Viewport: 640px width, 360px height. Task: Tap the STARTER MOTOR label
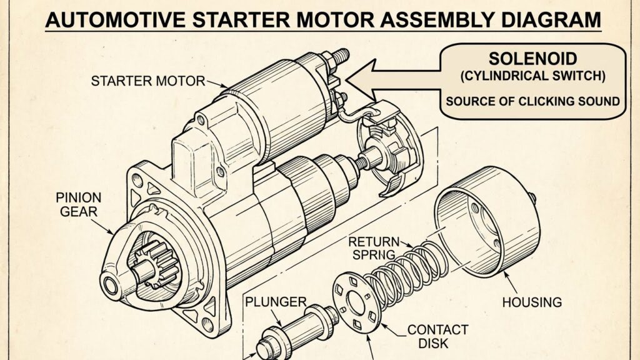(x=147, y=81)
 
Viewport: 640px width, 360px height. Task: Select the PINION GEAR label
(x=79, y=205)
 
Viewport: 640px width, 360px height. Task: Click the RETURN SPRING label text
(x=374, y=247)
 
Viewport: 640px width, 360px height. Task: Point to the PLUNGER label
(x=276, y=302)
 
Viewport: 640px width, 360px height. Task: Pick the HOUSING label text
(x=532, y=302)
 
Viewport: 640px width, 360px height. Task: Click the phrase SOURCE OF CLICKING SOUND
(x=533, y=101)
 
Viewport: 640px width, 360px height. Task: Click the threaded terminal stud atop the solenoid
(x=339, y=57)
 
